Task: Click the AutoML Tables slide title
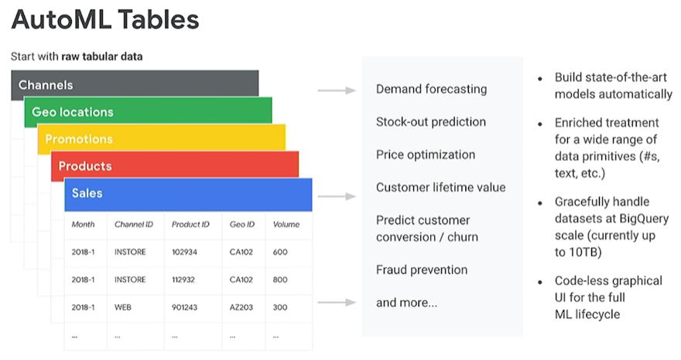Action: pyautogui.click(x=105, y=19)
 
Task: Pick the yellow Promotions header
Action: pyautogui.click(x=162, y=138)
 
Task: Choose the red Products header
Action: pyautogui.click(x=175, y=165)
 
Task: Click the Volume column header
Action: pyautogui.click(x=286, y=225)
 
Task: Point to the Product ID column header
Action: pyautogui.click(x=190, y=225)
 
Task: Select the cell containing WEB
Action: pyautogui.click(x=123, y=307)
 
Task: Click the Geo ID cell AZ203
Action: pyautogui.click(x=241, y=307)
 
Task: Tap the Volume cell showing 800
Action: pyautogui.click(x=280, y=279)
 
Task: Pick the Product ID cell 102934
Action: pyautogui.click(x=184, y=252)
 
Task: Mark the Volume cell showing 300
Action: pyautogui.click(x=280, y=307)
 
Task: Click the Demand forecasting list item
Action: pyautogui.click(x=431, y=90)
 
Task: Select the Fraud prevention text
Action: pyautogui.click(x=422, y=269)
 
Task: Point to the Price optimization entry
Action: pyautogui.click(x=426, y=155)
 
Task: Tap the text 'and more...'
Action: pyautogui.click(x=406, y=303)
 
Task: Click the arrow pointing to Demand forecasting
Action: pyautogui.click(x=337, y=91)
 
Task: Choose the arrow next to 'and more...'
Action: pyautogui.click(x=337, y=302)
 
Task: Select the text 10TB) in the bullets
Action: pyautogui.click(x=578, y=252)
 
